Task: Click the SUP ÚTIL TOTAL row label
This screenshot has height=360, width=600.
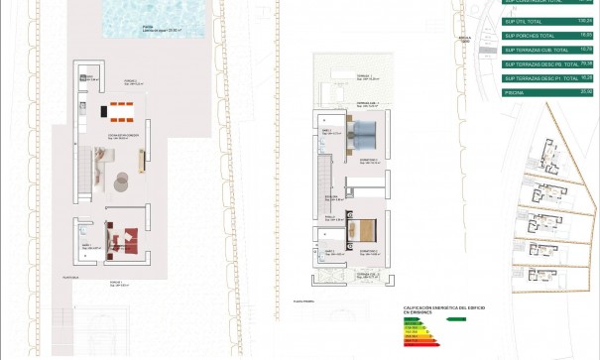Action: click(524, 19)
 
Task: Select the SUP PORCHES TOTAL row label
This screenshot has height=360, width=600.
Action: click(528, 34)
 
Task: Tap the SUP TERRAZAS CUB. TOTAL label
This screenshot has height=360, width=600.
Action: click(535, 48)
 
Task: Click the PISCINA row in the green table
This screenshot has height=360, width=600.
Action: click(515, 91)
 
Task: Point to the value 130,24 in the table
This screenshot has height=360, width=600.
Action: click(585, 19)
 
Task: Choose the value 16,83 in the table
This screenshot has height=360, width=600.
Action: click(586, 34)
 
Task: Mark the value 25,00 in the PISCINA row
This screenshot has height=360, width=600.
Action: click(586, 91)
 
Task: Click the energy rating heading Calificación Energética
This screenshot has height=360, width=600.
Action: click(430, 310)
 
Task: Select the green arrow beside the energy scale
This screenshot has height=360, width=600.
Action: click(455, 319)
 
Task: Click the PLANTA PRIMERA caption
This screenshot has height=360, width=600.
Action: click(303, 299)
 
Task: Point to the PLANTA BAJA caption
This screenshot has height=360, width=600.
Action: click(69, 274)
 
